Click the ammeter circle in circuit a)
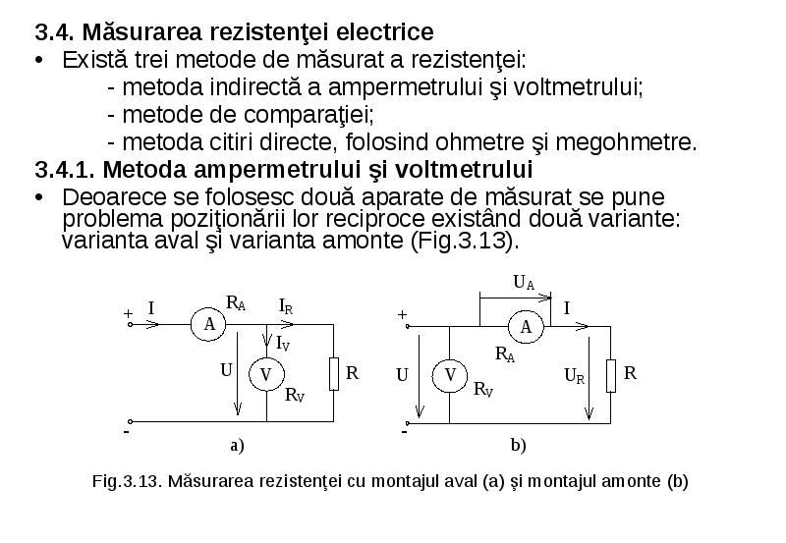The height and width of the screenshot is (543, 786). [x=208, y=325]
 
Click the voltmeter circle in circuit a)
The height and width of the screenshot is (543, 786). [x=266, y=375]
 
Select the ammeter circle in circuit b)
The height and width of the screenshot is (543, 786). [x=526, y=327]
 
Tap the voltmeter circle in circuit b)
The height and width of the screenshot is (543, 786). [x=450, y=375]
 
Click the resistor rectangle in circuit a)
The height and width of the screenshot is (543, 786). [x=334, y=374]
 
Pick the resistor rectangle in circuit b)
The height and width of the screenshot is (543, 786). [x=611, y=376]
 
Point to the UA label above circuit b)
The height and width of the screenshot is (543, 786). [x=524, y=283]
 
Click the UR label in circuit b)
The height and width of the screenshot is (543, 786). [x=575, y=376]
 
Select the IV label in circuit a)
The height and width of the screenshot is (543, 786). [x=283, y=344]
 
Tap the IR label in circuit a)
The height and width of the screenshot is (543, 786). [x=286, y=306]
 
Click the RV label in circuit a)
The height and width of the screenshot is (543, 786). [x=295, y=395]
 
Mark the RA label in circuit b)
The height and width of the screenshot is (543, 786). [x=505, y=354]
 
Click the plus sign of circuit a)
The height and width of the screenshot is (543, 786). [x=129, y=313]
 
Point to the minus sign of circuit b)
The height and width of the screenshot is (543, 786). [x=405, y=431]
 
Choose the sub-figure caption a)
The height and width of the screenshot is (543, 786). [x=237, y=446]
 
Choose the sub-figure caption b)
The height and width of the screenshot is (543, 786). [x=519, y=446]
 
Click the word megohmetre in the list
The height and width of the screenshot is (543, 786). [x=626, y=142]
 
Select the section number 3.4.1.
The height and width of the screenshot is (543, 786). [x=65, y=169]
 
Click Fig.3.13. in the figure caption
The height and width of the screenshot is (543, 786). [x=126, y=481]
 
